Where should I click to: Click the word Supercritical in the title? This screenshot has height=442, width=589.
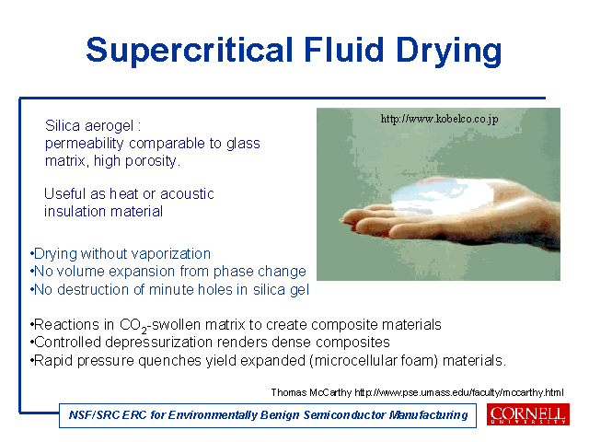coord(190,50)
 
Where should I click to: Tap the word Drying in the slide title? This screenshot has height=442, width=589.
coord(449,52)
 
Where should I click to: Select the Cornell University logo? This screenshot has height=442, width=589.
coord(528,414)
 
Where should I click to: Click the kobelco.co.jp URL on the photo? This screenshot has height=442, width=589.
coord(440,119)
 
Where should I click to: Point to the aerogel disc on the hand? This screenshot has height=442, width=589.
coord(442,195)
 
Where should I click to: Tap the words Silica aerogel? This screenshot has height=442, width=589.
coord(89,125)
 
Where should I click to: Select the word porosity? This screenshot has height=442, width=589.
coord(153,161)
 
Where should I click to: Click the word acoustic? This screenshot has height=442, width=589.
coord(187,194)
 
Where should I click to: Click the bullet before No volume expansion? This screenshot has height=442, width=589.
coord(31,272)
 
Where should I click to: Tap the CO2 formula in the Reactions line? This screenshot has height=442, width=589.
coord(133,325)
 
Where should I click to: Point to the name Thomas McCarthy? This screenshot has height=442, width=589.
coord(311,393)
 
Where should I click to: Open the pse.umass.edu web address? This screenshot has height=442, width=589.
coord(459,393)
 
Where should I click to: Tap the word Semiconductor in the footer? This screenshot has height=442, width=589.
coord(343,415)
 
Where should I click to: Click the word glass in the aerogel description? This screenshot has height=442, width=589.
coord(243,145)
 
